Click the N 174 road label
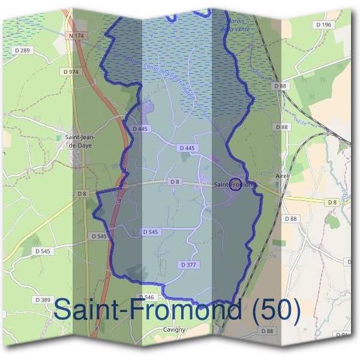(x=76, y=37)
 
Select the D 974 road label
(x=70, y=71)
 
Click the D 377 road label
(x=188, y=265)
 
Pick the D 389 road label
(x=43, y=299)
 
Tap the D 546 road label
(x=146, y=297)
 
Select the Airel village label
(x=282, y=176)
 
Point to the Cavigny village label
(x=175, y=329)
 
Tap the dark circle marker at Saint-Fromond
(x=236, y=184)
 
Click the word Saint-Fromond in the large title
(x=148, y=310)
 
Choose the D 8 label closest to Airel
(x=332, y=203)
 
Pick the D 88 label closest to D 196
(x=280, y=86)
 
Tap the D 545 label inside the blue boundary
(x=151, y=232)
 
